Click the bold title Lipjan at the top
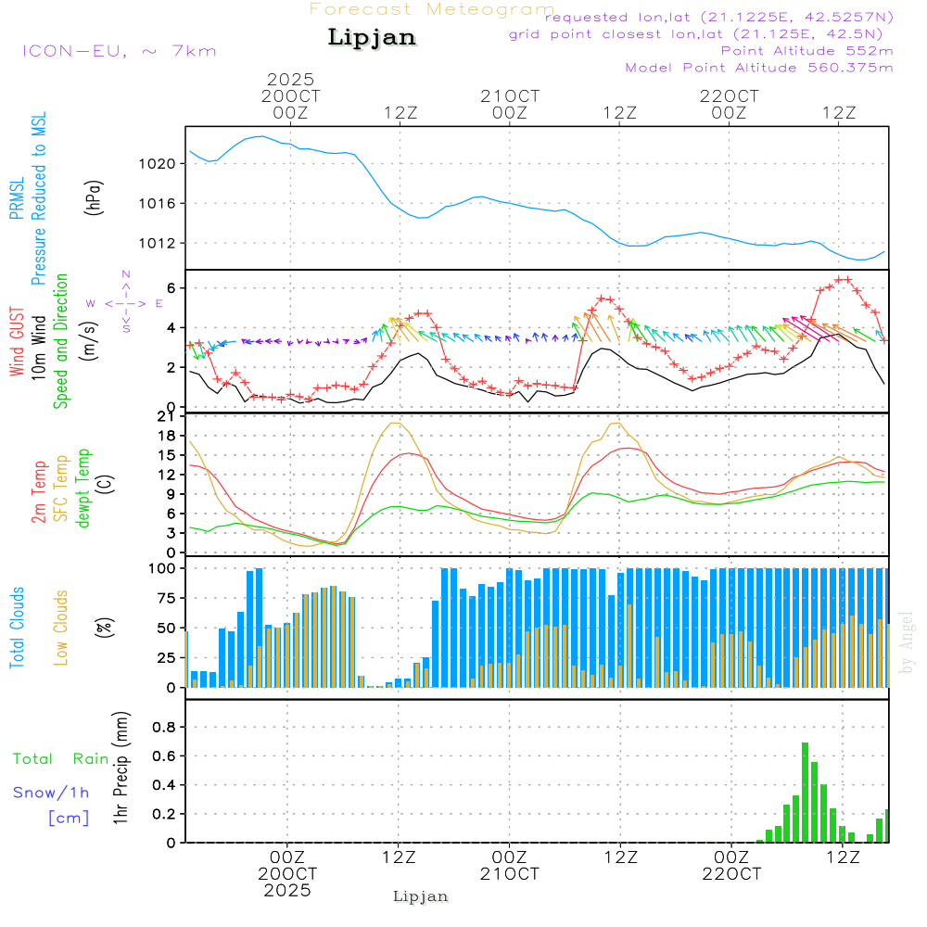(372, 38)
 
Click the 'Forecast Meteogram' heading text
(432, 9)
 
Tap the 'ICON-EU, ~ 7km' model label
(119, 51)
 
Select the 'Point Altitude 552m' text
(806, 51)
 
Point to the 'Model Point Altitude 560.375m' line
(759, 68)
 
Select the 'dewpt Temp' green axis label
(83, 489)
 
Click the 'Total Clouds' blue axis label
(17, 628)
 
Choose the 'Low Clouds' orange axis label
(61, 628)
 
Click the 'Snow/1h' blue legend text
(51, 794)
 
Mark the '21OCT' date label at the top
(509, 96)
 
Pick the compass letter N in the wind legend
(126, 274)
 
